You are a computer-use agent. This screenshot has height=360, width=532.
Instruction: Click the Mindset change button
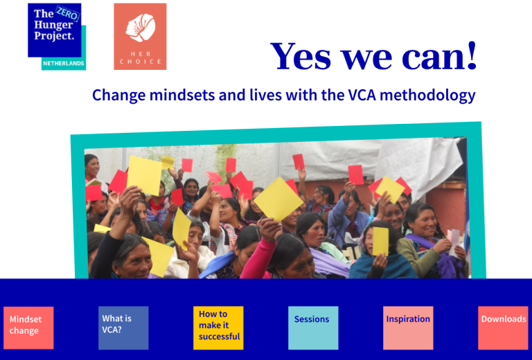pos(28,327)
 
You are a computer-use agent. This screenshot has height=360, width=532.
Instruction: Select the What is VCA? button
pos(123,327)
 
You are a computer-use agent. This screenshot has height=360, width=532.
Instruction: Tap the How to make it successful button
pos(218,327)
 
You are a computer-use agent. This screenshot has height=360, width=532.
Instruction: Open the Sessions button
pos(313,327)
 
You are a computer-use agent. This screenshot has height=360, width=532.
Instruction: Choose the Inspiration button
pos(408,327)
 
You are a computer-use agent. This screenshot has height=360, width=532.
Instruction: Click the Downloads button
pos(503,327)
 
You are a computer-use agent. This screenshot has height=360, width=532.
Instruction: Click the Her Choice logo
pos(140,37)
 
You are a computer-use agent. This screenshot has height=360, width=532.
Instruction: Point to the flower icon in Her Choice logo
pos(141,28)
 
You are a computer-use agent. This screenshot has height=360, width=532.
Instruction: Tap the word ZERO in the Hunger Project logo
pos(68,15)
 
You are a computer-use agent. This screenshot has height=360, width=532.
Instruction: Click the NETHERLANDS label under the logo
pos(64,64)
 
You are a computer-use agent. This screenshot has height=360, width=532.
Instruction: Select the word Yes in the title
pos(300,56)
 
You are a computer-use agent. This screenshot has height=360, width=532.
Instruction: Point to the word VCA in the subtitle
pos(362,96)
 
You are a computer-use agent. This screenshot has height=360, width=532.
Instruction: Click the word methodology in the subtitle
pos(427,96)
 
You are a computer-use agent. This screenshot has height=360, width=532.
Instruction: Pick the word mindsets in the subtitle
pos(182,96)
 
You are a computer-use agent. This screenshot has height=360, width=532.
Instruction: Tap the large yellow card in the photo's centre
pos(278,199)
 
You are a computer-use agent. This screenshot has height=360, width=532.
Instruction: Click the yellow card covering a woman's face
pos(380,241)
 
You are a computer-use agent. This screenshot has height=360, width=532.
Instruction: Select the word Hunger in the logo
pos(53,26)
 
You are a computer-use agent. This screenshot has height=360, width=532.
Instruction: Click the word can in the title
pos(433,59)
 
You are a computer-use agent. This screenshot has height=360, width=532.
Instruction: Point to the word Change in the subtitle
pos(119,96)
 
